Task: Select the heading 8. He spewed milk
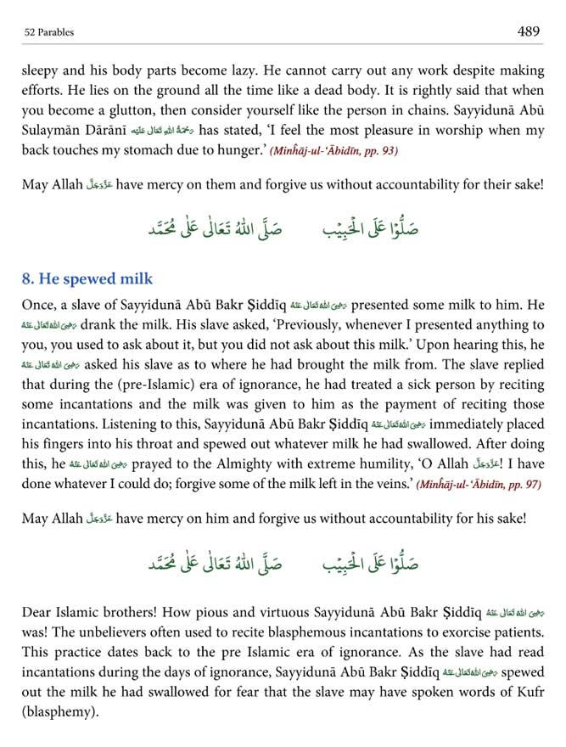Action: click(x=88, y=278)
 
